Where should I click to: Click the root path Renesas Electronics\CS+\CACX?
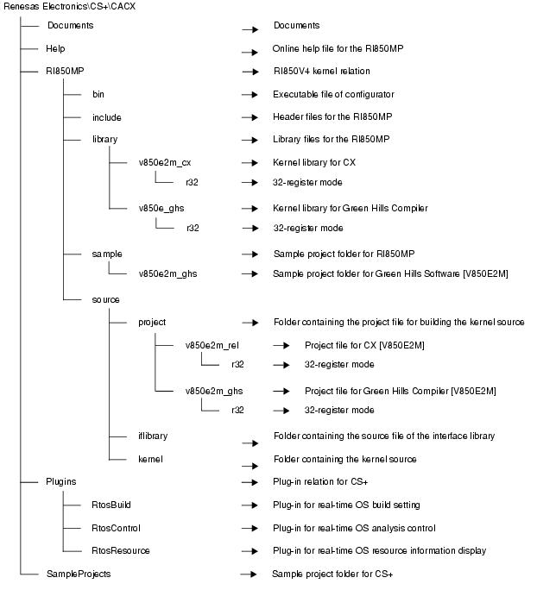click(69, 7)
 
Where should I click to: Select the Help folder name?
click(56, 49)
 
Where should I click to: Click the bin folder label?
click(98, 94)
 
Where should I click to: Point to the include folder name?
click(106, 116)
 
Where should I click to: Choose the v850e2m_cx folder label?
click(164, 161)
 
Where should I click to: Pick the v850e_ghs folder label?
click(161, 207)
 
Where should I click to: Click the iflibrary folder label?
click(153, 436)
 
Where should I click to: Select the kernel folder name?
click(150, 459)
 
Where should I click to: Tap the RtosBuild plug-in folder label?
click(111, 505)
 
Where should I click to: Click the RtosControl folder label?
click(116, 528)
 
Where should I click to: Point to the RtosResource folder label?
click(120, 550)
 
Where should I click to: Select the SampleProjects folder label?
click(79, 573)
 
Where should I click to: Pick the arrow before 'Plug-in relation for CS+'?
click(251, 484)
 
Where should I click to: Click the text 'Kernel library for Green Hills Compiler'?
click(351, 207)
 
